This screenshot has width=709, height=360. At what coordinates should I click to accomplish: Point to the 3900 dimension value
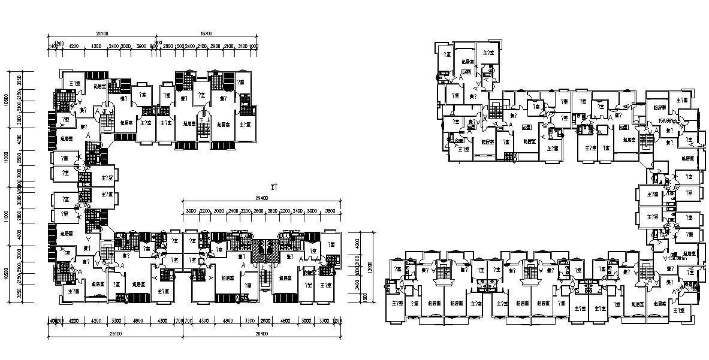pyautogui.click(x=141, y=46)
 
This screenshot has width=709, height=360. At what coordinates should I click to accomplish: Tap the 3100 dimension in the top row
pyautogui.click(x=242, y=46)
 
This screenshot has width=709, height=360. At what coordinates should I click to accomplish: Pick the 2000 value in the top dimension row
pyautogui.click(x=126, y=46)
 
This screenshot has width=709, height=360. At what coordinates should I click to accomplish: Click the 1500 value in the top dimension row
pyautogui.click(x=179, y=46)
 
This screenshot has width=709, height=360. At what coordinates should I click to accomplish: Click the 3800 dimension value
pyautogui.click(x=330, y=211)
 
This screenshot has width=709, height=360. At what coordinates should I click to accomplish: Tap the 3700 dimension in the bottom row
pyautogui.click(x=323, y=321)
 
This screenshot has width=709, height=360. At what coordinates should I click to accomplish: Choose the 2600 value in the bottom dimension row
pyautogui.click(x=266, y=321)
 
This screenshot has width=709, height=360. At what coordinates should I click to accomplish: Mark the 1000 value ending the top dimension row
pyautogui.click(x=254, y=46)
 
